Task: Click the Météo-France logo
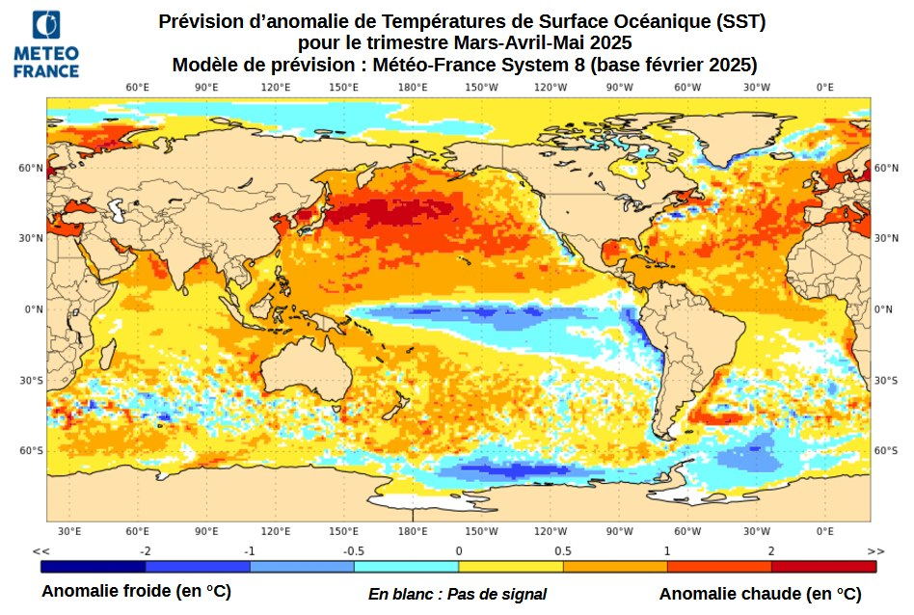46,43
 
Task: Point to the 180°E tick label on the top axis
413,88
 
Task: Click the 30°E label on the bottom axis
68,531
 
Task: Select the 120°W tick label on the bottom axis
551,531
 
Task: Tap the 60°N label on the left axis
32,168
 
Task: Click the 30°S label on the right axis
885,381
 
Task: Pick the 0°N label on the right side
883,309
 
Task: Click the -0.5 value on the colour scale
353,550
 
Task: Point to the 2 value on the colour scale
771,550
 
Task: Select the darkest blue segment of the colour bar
93,566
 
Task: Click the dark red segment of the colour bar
823,566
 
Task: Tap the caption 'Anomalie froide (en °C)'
136,591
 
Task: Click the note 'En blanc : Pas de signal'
457,594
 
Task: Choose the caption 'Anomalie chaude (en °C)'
760,594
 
